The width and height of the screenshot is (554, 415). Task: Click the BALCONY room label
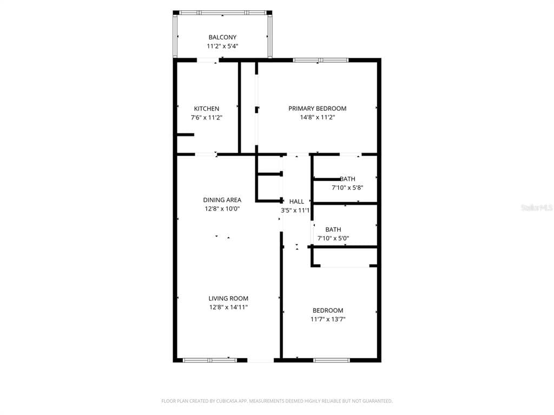click(x=222, y=37)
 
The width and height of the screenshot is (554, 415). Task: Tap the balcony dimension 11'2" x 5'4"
click(x=222, y=46)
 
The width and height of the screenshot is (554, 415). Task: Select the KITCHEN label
click(x=207, y=109)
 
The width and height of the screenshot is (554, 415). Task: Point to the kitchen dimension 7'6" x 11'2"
click(x=207, y=117)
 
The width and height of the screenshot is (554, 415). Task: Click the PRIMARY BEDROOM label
click(x=317, y=109)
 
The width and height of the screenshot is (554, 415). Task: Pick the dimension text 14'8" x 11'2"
click(x=317, y=117)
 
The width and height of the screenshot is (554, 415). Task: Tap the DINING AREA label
click(x=222, y=200)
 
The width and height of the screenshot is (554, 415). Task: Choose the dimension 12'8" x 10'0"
click(x=222, y=209)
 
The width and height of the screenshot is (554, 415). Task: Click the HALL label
click(x=296, y=202)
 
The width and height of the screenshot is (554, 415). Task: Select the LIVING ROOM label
click(x=228, y=298)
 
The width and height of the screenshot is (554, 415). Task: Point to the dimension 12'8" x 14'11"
click(x=228, y=307)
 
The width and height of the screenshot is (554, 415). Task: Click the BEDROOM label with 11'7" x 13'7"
click(x=328, y=310)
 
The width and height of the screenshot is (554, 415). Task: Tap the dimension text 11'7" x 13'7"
click(x=328, y=319)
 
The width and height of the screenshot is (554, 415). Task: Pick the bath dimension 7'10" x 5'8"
click(x=347, y=188)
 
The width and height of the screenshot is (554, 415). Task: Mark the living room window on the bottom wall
click(x=209, y=360)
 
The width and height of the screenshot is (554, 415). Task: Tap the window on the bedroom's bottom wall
click(x=331, y=360)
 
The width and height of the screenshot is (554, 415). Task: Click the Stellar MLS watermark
click(x=537, y=207)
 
